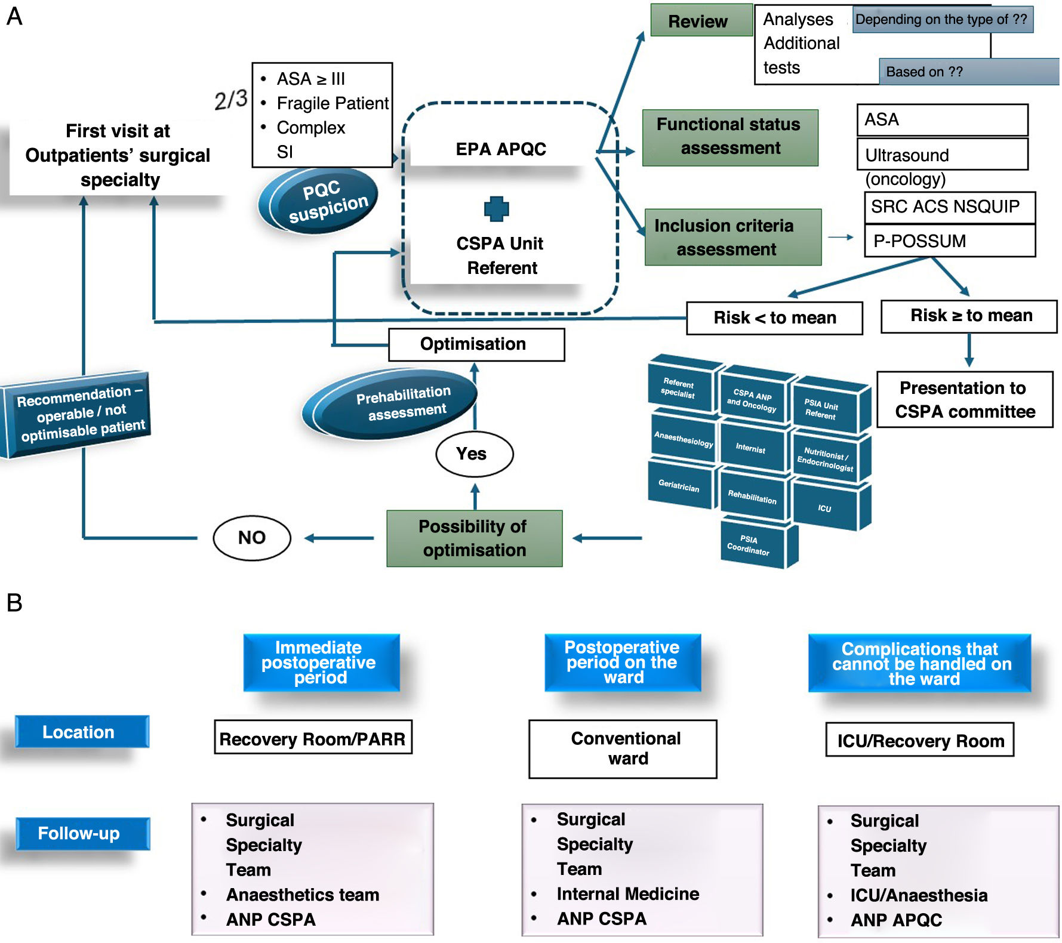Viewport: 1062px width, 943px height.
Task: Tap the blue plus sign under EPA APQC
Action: [x=496, y=209]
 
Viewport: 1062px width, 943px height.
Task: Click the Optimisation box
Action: [x=476, y=344]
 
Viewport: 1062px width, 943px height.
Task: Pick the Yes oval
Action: [x=474, y=454]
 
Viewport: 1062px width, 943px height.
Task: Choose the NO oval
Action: [x=252, y=538]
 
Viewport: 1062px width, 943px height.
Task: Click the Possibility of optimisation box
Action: [x=474, y=538]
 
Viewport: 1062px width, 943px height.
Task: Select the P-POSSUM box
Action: [x=949, y=241]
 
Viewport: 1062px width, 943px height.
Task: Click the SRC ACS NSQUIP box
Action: [x=949, y=207]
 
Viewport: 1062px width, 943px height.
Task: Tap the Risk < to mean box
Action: [x=774, y=318]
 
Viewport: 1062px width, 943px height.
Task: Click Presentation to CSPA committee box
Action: [x=964, y=400]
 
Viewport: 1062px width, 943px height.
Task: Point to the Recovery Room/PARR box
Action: [x=313, y=738]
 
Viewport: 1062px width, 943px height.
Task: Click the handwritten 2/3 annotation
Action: [x=230, y=100]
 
